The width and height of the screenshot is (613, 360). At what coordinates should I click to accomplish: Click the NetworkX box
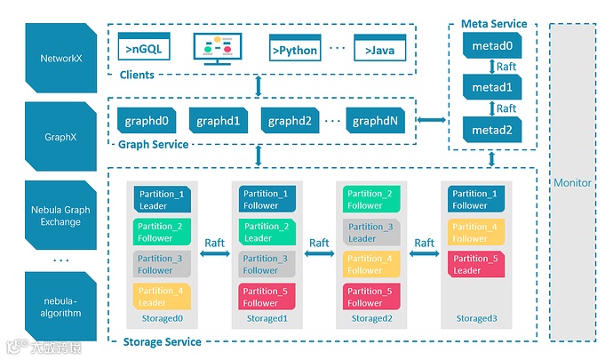(60, 58)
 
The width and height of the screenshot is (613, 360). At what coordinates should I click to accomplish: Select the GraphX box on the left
(60, 138)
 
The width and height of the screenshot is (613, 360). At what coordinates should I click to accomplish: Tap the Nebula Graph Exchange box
(60, 216)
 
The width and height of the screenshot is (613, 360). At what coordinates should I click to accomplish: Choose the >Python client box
(293, 50)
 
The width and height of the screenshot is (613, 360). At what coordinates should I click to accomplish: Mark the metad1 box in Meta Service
(492, 87)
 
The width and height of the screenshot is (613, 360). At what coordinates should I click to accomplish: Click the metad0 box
(492, 44)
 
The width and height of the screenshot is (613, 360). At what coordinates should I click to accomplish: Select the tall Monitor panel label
(572, 182)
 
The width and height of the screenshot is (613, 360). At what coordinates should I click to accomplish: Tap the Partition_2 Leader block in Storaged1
(259, 232)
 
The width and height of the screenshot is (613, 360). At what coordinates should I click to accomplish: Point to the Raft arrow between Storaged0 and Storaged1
(214, 254)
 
